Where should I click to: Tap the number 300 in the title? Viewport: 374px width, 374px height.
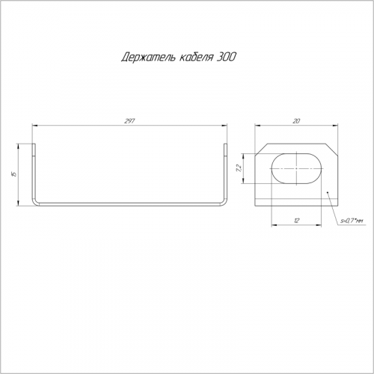tap(226, 57)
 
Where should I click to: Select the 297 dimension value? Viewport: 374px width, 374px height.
tap(129, 121)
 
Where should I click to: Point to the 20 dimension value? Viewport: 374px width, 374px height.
tap(296, 121)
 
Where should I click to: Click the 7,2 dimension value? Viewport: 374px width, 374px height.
tap(239, 168)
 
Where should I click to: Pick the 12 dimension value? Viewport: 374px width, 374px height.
tap(296, 221)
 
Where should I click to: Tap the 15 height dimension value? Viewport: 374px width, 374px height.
tap(14, 174)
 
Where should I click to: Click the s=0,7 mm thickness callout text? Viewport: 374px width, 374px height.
tap(352, 221)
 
